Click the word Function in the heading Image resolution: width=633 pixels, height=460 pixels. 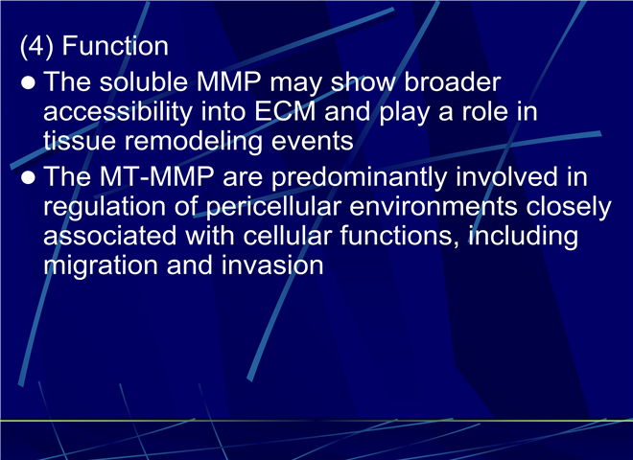115,46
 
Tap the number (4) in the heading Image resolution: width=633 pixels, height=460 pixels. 36,47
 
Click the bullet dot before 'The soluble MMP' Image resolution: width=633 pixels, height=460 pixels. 28,82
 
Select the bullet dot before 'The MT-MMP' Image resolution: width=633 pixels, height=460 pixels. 28,177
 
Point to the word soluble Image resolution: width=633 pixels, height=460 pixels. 144,81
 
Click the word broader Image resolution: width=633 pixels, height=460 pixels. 453,81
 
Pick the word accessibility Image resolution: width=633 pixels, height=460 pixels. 118,113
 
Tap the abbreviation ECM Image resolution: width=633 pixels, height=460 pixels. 285,111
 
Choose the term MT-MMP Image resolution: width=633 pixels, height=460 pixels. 156,176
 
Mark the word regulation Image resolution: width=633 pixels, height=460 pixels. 105,208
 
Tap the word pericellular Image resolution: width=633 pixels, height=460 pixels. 274,208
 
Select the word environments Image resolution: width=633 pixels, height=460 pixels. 434,207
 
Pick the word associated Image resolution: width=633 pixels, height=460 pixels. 109,236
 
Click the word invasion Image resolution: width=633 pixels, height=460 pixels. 272,265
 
